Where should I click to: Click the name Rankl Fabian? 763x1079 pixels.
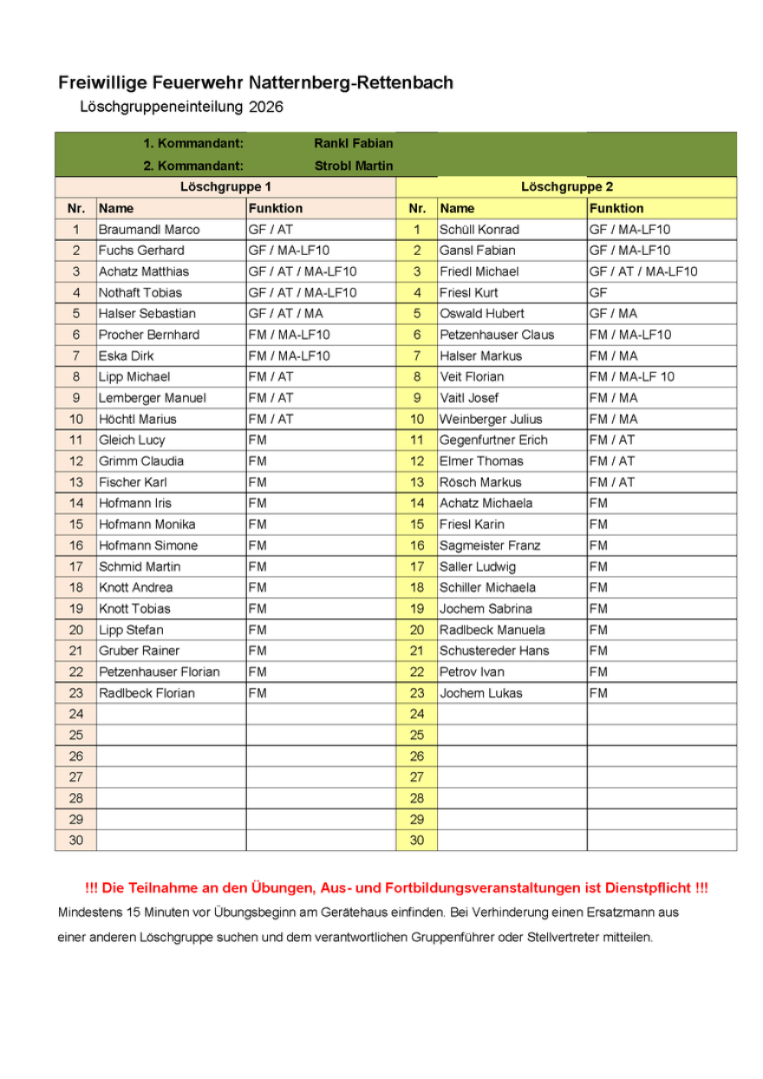tap(353, 144)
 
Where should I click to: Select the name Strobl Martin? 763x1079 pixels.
tap(353, 166)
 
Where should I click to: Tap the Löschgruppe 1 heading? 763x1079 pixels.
tap(225, 187)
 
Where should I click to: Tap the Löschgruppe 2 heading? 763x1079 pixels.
tap(567, 187)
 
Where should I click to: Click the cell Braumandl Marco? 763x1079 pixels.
tap(149, 230)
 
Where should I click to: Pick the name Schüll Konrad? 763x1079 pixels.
tap(479, 230)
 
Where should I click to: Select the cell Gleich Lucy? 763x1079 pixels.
tap(132, 440)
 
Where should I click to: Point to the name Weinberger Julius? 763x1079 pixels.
tap(491, 419)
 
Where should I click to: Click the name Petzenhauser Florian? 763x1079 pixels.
tap(160, 672)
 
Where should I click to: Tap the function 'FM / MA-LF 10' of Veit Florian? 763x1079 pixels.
tap(631, 377)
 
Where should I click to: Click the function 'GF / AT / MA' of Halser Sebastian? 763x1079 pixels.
tap(285, 314)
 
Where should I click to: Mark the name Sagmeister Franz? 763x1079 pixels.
tap(490, 546)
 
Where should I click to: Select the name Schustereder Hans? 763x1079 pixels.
tap(494, 651)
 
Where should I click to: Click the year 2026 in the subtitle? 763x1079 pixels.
tap(265, 107)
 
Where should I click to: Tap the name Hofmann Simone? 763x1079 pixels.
tap(148, 546)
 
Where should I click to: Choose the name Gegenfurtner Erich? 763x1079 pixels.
tap(493, 440)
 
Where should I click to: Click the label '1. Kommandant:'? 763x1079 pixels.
tap(193, 144)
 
